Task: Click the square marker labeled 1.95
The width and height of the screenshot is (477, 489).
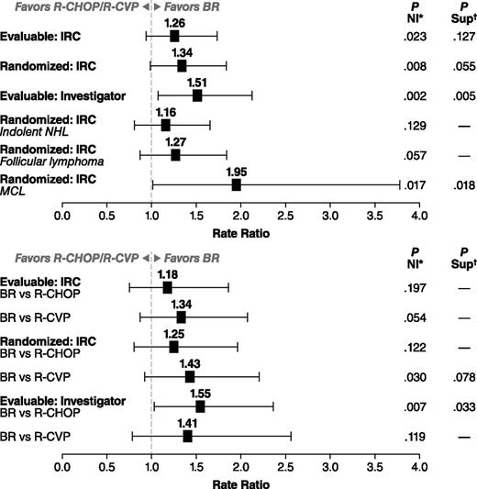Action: (x=236, y=184)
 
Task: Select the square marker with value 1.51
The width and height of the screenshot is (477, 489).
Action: (x=196, y=95)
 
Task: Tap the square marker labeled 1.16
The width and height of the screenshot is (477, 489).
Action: (x=165, y=125)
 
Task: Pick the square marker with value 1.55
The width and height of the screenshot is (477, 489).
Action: (x=200, y=406)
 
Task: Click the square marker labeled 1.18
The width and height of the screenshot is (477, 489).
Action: (x=167, y=287)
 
